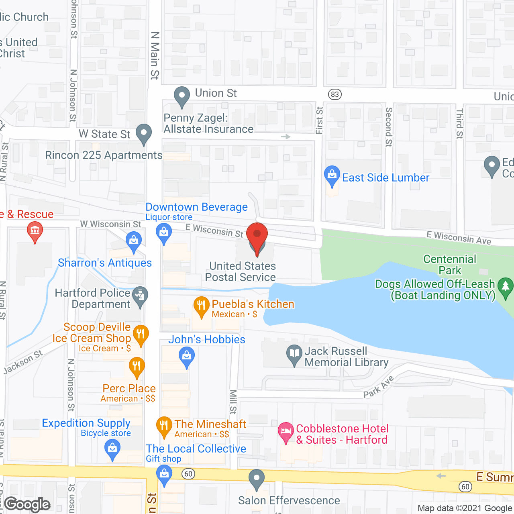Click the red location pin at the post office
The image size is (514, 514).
(x=257, y=235)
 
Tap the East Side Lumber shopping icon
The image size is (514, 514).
(x=332, y=175)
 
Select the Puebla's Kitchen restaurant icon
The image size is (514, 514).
(x=201, y=306)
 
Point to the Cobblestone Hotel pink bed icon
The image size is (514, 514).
(x=286, y=432)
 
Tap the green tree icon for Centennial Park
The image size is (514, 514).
(x=505, y=288)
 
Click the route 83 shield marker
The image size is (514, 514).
(x=335, y=95)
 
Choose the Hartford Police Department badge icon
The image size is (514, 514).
(x=140, y=296)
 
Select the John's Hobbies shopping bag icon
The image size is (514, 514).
(x=186, y=357)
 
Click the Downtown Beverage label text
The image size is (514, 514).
(x=196, y=207)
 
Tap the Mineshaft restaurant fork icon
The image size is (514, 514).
(x=164, y=426)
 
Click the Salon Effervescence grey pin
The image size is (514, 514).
(x=256, y=479)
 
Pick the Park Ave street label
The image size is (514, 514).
(x=378, y=387)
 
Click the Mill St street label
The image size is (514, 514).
(x=233, y=402)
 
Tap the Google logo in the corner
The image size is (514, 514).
(x=27, y=504)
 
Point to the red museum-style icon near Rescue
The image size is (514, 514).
(x=35, y=232)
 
